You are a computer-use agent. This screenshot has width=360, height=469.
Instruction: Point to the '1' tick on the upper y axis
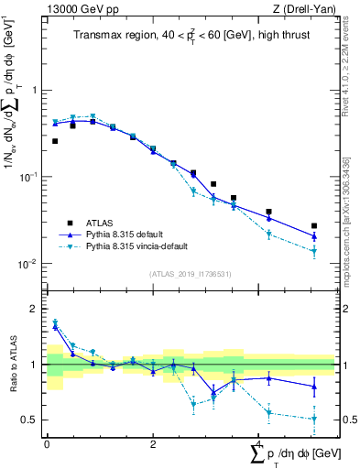tap(34, 90)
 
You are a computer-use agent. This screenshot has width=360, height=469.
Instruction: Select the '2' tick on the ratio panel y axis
tap(34, 309)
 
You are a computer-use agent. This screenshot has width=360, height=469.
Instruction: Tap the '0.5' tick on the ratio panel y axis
tap(29, 420)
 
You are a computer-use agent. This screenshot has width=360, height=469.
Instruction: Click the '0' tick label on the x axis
tap(47, 443)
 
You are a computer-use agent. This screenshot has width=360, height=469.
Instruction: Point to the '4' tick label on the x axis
tap(259, 443)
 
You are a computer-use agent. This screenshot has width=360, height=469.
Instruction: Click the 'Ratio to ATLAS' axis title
tap(11, 364)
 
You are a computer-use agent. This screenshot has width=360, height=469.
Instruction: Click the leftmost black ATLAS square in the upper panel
tap(55, 141)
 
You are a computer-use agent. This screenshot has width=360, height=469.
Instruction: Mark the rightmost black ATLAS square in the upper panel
tap(314, 225)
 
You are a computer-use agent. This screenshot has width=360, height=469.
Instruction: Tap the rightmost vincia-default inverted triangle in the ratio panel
tap(314, 419)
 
